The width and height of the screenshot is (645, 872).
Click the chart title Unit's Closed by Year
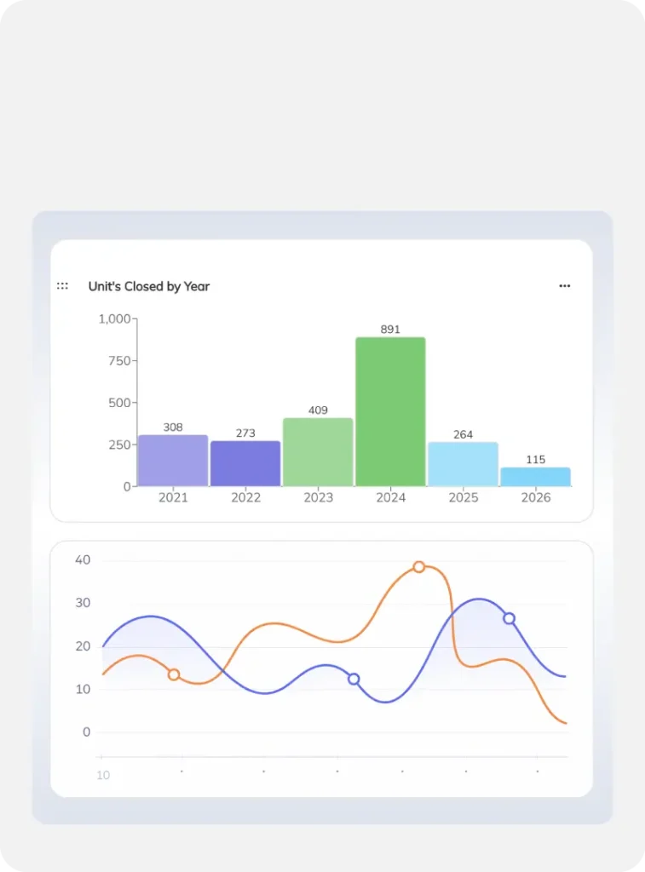click(x=148, y=286)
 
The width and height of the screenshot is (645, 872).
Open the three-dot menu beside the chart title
click(x=564, y=286)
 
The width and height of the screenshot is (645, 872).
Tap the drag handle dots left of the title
click(x=62, y=286)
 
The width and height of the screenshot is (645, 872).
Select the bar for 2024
click(x=390, y=412)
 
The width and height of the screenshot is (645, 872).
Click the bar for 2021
click(x=173, y=461)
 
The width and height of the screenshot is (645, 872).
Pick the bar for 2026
click(x=535, y=477)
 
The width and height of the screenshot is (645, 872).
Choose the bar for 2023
click(x=318, y=452)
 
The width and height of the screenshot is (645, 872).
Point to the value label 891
click(x=390, y=330)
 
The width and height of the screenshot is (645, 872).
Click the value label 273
click(x=245, y=433)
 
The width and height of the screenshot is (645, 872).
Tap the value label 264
click(x=463, y=434)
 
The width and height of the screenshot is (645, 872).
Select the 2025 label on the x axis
click(x=463, y=497)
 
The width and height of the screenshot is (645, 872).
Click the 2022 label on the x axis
click(x=245, y=497)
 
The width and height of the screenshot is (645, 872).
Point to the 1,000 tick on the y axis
click(x=114, y=318)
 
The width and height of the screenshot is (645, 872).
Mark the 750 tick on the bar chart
click(x=119, y=361)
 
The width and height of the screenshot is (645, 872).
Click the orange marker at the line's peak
click(x=419, y=567)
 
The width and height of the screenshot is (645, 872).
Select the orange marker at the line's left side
click(x=174, y=674)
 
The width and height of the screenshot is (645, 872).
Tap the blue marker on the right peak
click(x=509, y=618)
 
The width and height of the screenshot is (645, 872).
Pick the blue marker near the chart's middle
click(x=354, y=679)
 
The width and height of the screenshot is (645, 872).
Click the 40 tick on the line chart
click(x=83, y=560)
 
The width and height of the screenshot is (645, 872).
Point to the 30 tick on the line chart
click(x=83, y=603)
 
